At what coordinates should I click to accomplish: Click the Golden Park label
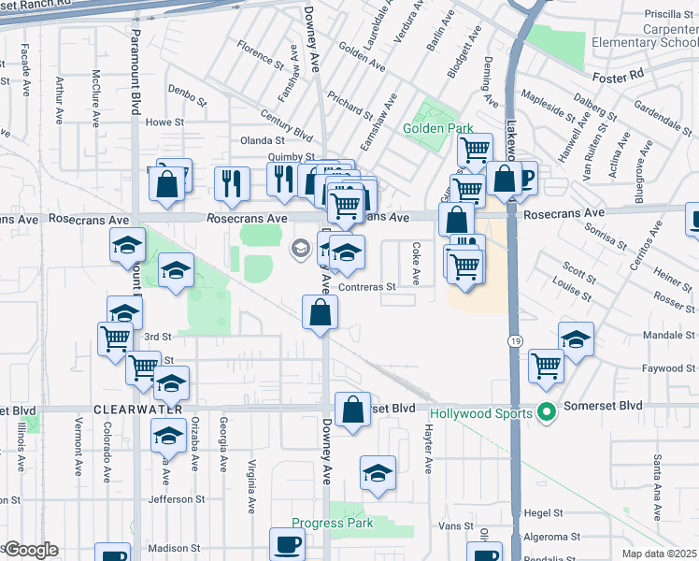click(437, 128)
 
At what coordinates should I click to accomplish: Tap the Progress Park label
click(332, 523)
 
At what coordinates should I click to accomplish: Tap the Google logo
click(30, 550)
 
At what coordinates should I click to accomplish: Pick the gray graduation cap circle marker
click(301, 248)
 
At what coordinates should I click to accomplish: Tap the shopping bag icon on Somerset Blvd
click(352, 410)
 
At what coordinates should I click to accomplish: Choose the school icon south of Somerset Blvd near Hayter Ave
click(378, 475)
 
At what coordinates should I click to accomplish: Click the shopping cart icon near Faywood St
click(546, 366)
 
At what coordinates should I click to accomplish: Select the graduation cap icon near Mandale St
click(576, 339)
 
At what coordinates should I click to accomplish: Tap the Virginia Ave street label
click(252, 486)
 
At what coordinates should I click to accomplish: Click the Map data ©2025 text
click(660, 554)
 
